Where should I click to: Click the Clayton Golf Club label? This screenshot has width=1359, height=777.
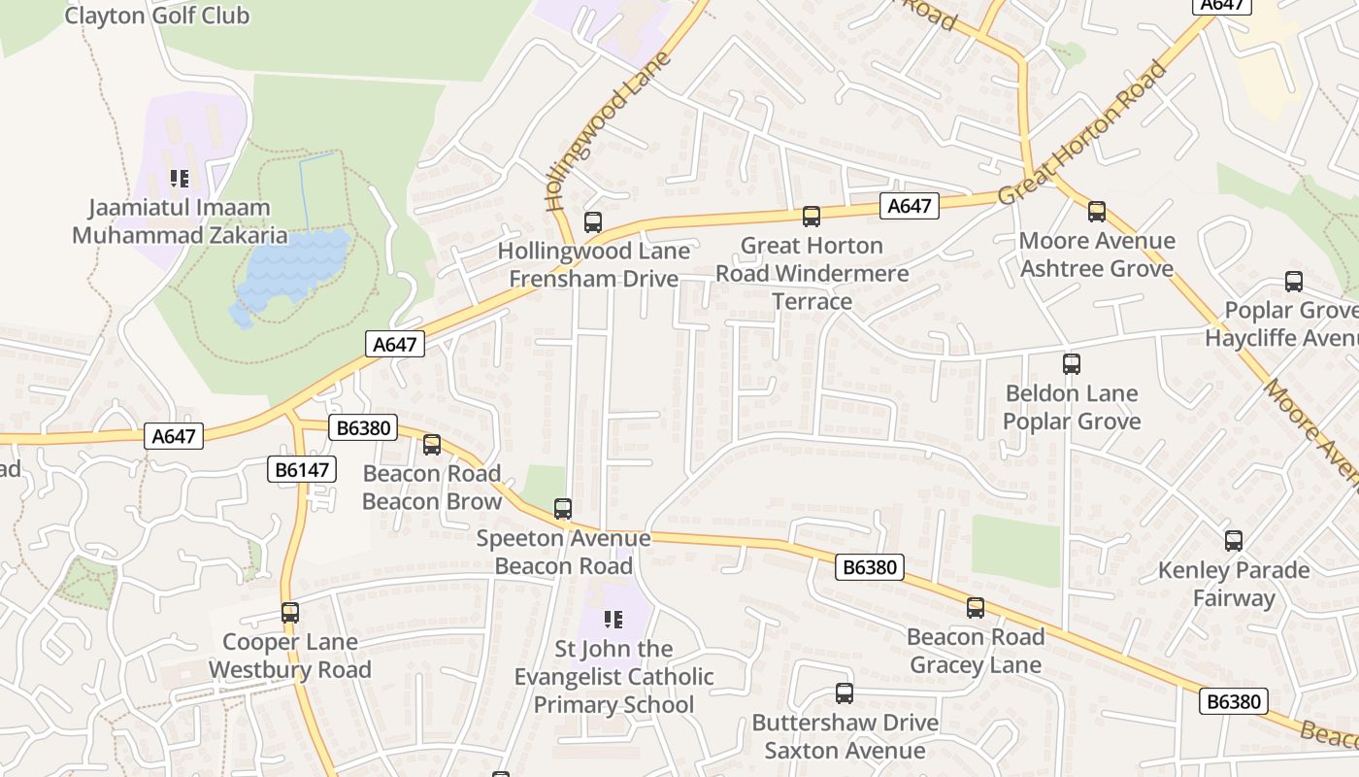tap(156, 16)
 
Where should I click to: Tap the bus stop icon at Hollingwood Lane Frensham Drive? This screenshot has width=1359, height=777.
tap(593, 222)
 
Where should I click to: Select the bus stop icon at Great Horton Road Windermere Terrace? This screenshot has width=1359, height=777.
tap(812, 217)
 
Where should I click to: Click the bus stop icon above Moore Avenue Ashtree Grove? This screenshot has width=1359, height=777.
tap(1097, 212)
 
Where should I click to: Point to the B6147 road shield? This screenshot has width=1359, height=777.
tap(302, 470)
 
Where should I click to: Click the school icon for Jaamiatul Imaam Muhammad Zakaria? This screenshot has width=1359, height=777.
tap(180, 179)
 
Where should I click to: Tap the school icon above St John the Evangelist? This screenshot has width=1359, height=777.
tap(613, 620)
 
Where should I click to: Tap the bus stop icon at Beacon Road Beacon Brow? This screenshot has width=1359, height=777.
tap(432, 445)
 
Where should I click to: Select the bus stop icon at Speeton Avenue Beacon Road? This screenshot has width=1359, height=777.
tap(563, 509)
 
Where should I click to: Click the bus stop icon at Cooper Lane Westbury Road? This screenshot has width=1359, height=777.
tap(290, 613)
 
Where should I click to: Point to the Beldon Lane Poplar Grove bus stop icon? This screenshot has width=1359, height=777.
tap(1072, 364)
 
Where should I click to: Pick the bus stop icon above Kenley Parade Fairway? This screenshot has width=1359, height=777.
tap(1234, 541)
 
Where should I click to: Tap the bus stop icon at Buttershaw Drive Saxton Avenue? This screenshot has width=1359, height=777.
tap(845, 693)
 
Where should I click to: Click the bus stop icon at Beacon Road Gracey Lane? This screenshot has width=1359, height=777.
tap(976, 608)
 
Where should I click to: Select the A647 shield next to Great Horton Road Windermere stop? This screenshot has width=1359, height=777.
tap(910, 206)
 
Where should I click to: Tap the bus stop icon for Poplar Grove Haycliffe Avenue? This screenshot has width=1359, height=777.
tap(1294, 282)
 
